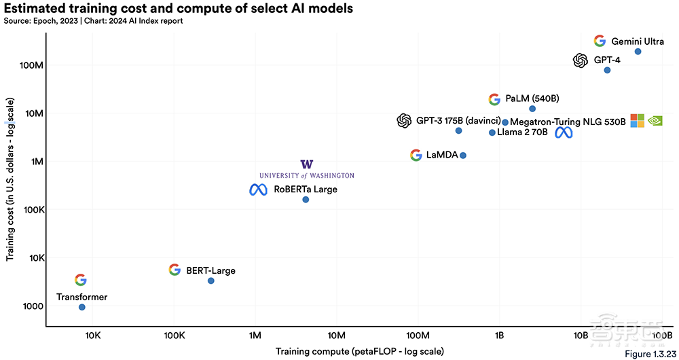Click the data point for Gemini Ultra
[x=638, y=52]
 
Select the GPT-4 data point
[x=607, y=70]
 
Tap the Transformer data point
[x=82, y=307]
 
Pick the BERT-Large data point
[x=210, y=281]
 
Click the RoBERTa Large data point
[x=306, y=199]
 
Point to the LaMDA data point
[x=463, y=155]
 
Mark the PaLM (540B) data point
[x=532, y=109]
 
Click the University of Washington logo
[x=307, y=169]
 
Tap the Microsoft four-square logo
[x=637, y=121]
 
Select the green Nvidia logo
[x=655, y=121]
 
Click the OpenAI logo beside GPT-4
[x=580, y=60]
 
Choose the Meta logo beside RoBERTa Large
[x=258, y=190]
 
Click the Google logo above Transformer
[x=81, y=280]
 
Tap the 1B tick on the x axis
[x=499, y=336]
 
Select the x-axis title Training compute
[x=359, y=351]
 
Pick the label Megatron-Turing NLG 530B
[x=568, y=122]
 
